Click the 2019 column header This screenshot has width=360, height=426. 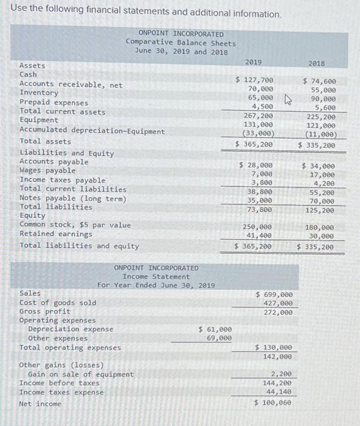click(253, 62)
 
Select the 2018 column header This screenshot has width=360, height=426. click(316, 63)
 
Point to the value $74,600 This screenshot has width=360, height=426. click(319, 80)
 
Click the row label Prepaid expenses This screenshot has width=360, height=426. click(54, 103)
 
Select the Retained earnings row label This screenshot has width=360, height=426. click(56, 234)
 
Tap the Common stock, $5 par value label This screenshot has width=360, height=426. click(75, 225)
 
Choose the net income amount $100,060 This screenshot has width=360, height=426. click(273, 403)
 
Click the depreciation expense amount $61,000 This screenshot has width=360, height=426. click(215, 329)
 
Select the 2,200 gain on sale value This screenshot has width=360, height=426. click(281, 374)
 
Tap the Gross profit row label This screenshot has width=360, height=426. click(45, 312)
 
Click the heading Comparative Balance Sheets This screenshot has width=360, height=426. click(181, 43)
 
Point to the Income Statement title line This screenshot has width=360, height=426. click(156, 276)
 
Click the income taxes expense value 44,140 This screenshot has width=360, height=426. click(279, 393)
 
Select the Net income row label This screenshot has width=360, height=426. click(40, 404)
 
